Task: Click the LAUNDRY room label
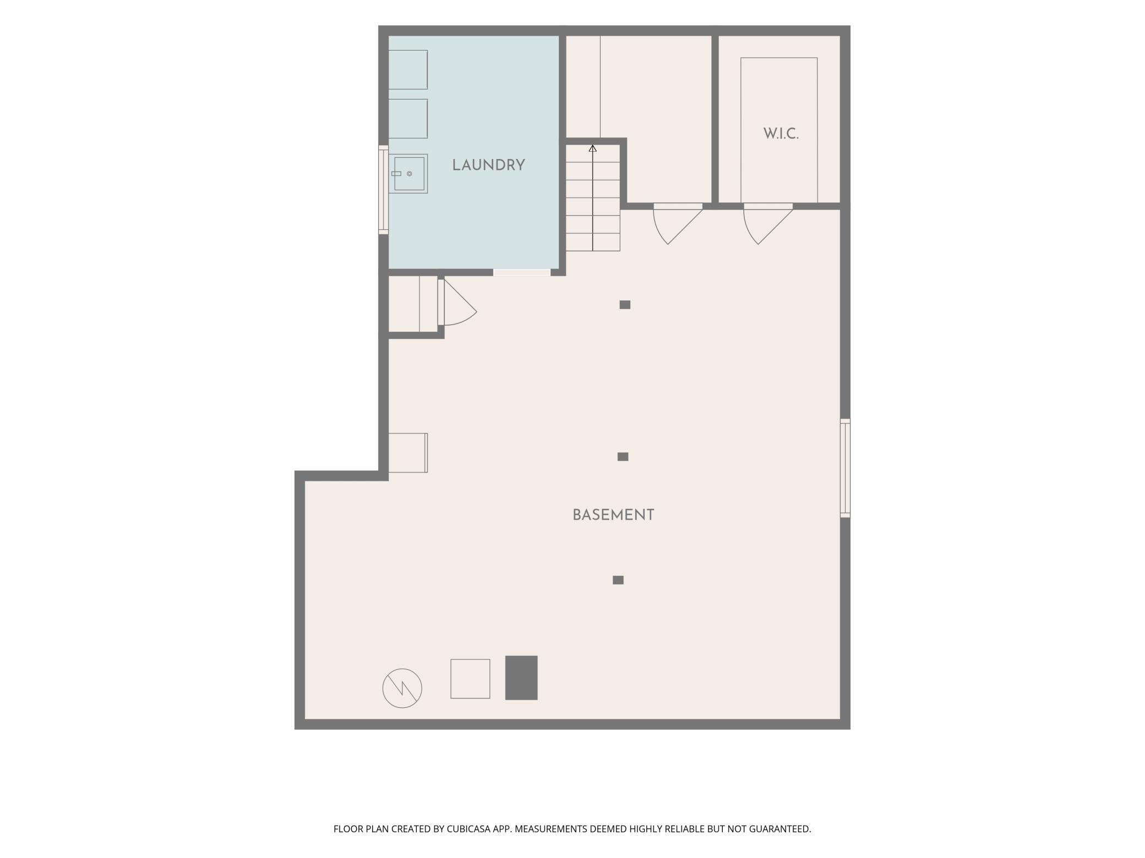pyautogui.click(x=488, y=165)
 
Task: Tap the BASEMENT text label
pyautogui.click(x=613, y=515)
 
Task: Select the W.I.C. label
pyautogui.click(x=781, y=134)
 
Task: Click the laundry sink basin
pyautogui.click(x=408, y=174)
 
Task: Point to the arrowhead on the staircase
pyautogui.click(x=592, y=148)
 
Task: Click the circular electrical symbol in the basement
pyautogui.click(x=402, y=688)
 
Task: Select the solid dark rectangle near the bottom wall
pyautogui.click(x=521, y=678)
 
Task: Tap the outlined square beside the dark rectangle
pyautogui.click(x=470, y=679)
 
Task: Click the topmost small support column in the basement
pyautogui.click(x=625, y=305)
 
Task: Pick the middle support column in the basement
pyautogui.click(x=623, y=457)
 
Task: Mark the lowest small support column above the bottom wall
pyautogui.click(x=618, y=580)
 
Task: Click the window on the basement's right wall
pyautogui.click(x=845, y=468)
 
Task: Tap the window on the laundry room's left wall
pyautogui.click(x=383, y=190)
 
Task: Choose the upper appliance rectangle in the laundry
pyautogui.click(x=408, y=70)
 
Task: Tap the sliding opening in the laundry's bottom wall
pyautogui.click(x=522, y=272)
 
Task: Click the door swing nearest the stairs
pyautogui.click(x=678, y=224)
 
